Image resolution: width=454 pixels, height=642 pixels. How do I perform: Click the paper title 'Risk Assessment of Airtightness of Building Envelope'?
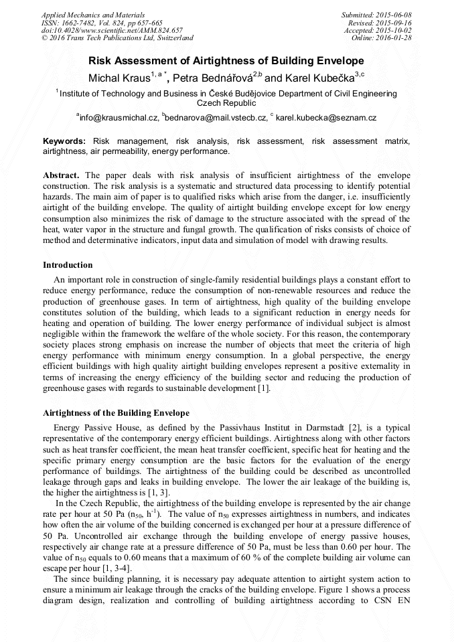(x=226, y=59)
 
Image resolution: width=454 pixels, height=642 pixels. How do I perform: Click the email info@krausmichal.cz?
(x=119, y=117)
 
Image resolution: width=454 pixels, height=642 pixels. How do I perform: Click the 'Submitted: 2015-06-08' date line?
(x=376, y=14)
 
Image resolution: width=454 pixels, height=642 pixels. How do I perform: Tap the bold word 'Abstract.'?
(x=62, y=175)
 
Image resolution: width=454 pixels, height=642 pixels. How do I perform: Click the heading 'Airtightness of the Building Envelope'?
(x=116, y=412)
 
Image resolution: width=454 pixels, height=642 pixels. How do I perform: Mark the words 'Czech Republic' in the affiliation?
(x=226, y=104)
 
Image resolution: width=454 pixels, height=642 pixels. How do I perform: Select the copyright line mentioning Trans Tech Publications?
(x=117, y=38)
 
